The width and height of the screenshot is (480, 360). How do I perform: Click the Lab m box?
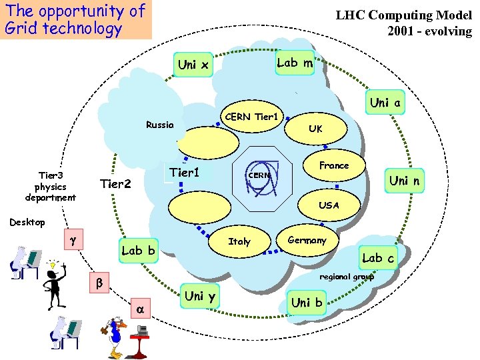[295, 63]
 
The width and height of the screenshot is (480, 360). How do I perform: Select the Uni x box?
[193, 65]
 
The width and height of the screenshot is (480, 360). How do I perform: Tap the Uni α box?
[385, 103]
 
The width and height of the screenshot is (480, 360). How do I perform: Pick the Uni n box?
[408, 181]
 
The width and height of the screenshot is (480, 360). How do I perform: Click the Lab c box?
[377, 257]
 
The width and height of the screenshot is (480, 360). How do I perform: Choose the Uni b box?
[306, 302]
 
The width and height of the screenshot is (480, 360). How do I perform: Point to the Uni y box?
[199, 296]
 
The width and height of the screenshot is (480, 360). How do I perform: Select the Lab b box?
[137, 251]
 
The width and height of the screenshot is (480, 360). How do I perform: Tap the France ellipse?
[333, 165]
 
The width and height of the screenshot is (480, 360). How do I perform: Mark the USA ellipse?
[329, 205]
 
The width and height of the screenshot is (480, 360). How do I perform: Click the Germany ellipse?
[307, 241]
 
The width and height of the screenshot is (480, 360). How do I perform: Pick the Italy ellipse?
[239, 241]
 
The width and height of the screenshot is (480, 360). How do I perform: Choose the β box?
[99, 283]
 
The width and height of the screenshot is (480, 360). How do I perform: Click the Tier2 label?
[115, 184]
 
